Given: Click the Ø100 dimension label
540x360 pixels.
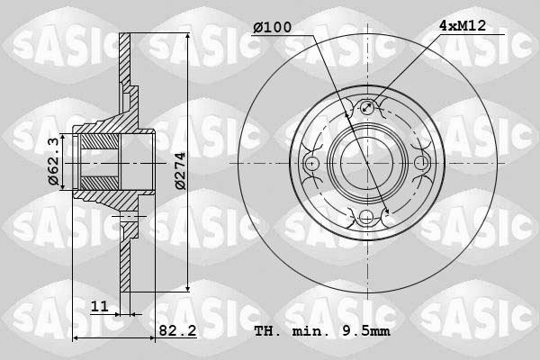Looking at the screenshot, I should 272,28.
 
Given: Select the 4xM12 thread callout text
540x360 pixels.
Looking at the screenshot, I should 463,26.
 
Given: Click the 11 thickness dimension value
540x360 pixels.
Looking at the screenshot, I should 100,307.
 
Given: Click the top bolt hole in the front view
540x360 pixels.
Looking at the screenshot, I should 366,110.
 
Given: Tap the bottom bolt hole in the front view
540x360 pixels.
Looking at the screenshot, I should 366,217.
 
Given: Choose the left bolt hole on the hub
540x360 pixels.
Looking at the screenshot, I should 312,164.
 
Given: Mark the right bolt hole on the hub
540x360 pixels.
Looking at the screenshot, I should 420,164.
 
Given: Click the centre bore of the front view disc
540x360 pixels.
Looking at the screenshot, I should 366,164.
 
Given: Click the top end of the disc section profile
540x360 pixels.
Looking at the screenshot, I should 125,38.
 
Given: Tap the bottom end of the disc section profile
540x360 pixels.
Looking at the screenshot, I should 125,288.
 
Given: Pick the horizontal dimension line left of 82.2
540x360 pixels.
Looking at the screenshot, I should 112,338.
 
